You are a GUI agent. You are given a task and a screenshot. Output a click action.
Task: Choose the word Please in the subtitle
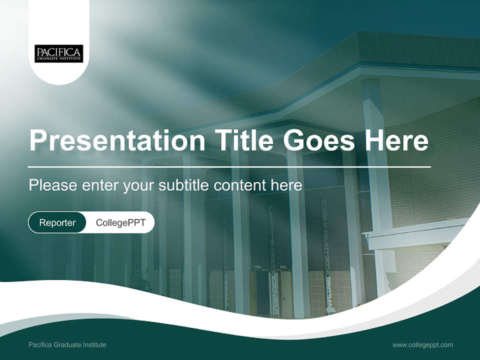tap(46, 185)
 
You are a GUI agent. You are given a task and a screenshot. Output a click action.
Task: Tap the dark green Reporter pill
tap(57, 222)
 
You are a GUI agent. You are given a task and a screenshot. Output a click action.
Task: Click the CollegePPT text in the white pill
tap(120, 222)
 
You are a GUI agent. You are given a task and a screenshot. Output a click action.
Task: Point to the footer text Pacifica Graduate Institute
tap(67, 345)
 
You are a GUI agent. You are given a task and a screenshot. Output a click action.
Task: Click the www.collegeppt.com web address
tap(422, 345)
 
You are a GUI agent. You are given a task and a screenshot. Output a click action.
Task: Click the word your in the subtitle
tap(138, 185)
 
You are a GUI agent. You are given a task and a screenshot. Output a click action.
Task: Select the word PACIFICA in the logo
tap(58, 51)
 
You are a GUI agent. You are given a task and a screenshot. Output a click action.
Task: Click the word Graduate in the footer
tap(67, 345)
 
